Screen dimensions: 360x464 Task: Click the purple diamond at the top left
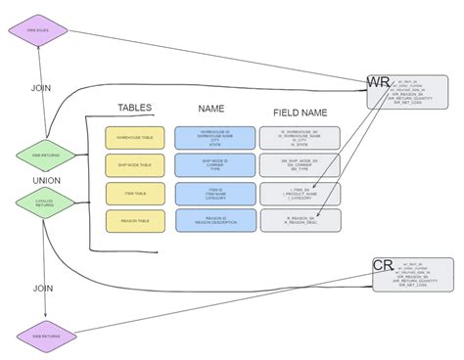(x=37, y=29)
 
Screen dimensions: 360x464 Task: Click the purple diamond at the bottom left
(x=45, y=336)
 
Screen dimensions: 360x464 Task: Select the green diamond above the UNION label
(x=45, y=154)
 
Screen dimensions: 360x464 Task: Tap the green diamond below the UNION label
(x=45, y=202)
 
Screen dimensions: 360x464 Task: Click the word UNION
(x=46, y=179)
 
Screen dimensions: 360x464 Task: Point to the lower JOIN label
(x=43, y=289)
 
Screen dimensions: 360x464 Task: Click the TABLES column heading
(x=135, y=108)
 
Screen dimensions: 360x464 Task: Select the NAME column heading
(x=211, y=109)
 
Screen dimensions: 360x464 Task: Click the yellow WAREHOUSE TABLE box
(x=135, y=138)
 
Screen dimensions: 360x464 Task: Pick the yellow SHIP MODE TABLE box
(x=135, y=165)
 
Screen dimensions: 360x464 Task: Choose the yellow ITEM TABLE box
(x=135, y=194)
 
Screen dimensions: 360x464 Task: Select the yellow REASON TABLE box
(x=135, y=221)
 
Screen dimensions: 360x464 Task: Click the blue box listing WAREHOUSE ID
(x=215, y=138)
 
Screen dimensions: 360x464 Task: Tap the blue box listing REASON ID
(x=215, y=220)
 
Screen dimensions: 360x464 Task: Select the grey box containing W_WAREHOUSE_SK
(x=301, y=138)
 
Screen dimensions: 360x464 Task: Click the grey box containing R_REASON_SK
(x=301, y=220)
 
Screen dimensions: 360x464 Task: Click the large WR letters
(x=378, y=82)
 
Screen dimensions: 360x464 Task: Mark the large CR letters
(x=383, y=265)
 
